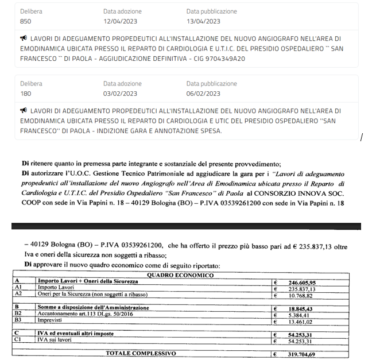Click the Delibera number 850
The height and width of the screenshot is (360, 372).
point(25,21)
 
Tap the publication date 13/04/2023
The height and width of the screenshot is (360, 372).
point(203,21)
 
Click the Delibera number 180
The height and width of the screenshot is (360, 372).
point(25,94)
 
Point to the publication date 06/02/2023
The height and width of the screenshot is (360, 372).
point(203,94)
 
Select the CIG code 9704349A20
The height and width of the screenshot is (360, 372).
point(226,59)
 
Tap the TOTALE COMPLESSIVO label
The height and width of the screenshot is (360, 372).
point(139,354)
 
